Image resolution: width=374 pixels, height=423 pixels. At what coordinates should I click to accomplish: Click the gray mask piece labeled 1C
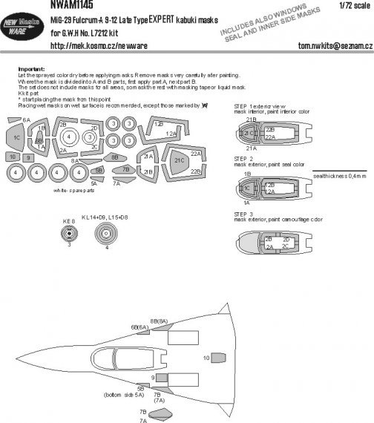(16, 137)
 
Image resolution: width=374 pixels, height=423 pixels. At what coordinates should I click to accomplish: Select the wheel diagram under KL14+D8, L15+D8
(105, 237)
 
